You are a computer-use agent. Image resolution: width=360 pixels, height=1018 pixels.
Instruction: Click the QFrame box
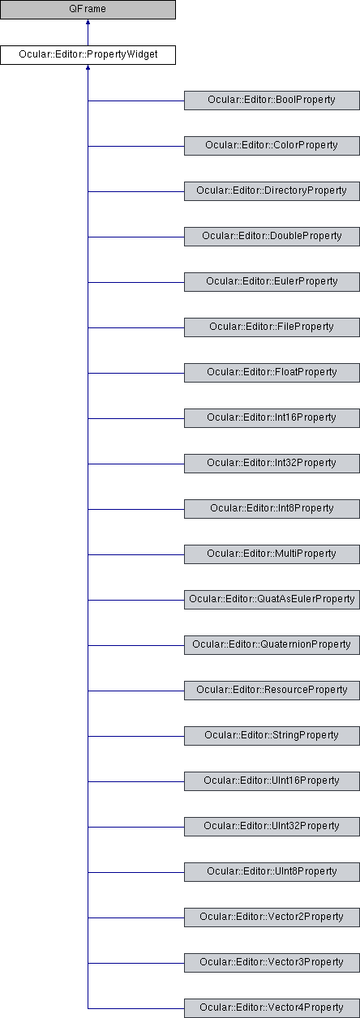coord(88,10)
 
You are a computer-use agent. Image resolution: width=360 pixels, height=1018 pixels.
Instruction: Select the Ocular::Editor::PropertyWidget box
coord(88,55)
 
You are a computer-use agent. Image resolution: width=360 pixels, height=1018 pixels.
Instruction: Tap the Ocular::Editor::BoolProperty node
coord(272,101)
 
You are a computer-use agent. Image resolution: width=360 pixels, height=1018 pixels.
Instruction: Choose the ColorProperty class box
coord(272,146)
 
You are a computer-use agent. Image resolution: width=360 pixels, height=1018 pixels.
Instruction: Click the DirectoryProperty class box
coord(272,191)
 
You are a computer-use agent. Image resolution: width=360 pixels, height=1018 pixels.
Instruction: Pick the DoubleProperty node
coord(272,237)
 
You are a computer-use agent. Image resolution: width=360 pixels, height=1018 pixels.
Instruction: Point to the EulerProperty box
coord(272,282)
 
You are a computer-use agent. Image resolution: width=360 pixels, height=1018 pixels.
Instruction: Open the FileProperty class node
coord(272,327)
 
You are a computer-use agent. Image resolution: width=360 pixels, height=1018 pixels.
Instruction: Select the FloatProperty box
coord(272,373)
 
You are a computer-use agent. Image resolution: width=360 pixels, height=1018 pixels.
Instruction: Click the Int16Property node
coord(272,418)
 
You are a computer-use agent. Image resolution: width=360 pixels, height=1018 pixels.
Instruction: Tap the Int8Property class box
coord(272,509)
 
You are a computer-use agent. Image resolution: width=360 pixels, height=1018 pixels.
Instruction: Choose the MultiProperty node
coord(272,554)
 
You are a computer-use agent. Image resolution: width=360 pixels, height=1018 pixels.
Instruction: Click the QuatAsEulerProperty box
coord(272,600)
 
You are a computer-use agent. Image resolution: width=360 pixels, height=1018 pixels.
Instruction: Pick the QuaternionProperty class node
coord(272,645)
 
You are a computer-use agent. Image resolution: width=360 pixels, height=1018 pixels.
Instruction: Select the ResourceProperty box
coord(272,691)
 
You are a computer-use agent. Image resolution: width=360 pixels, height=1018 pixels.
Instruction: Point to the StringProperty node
coord(272,736)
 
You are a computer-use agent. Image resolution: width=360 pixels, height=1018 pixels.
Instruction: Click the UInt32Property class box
coord(272,827)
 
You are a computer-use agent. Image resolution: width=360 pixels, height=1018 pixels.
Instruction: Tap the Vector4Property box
coord(272,1008)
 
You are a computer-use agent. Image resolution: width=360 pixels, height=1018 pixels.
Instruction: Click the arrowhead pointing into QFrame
coord(88,22)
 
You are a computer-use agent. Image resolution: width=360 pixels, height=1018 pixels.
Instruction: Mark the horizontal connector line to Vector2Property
coord(136,917)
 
